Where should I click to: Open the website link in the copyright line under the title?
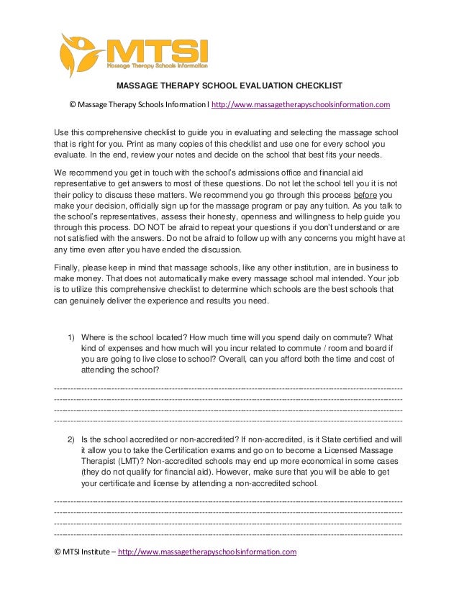tap(301, 104)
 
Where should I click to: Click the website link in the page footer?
tap(207, 552)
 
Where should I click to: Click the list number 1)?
tap(72, 337)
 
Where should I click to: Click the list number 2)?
tap(72, 438)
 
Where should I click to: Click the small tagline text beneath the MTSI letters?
tap(156, 65)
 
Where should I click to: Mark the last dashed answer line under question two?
tap(229, 535)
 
